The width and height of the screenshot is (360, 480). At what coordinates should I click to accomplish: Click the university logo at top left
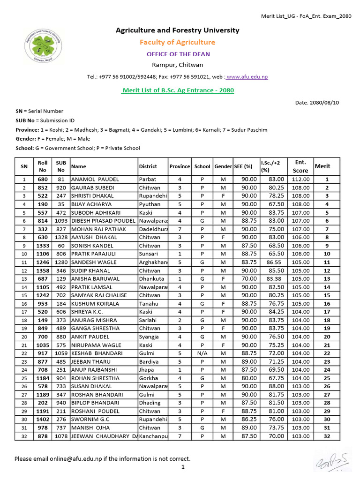click(x=42, y=46)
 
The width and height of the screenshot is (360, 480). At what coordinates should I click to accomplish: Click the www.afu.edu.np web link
click(x=247, y=77)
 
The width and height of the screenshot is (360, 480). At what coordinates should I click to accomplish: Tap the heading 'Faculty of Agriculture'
click(x=177, y=42)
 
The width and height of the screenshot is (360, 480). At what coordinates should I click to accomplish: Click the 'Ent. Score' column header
click(x=300, y=166)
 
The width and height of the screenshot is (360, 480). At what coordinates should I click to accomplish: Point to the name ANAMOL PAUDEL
click(x=95, y=179)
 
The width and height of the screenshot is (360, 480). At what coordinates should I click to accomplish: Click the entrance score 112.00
click(x=300, y=179)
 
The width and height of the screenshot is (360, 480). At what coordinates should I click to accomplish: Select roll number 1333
click(x=43, y=246)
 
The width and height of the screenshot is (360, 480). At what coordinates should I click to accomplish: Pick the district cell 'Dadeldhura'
click(x=153, y=229)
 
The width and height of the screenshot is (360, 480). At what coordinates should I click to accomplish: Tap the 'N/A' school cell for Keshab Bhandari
click(x=202, y=353)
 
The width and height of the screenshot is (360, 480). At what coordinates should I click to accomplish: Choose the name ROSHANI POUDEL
click(x=95, y=411)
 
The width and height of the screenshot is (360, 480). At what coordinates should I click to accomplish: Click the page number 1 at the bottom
click(x=183, y=467)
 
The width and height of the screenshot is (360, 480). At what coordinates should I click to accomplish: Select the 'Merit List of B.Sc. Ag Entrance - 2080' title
click(x=178, y=90)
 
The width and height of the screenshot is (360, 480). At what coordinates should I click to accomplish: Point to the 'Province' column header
click(x=180, y=166)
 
